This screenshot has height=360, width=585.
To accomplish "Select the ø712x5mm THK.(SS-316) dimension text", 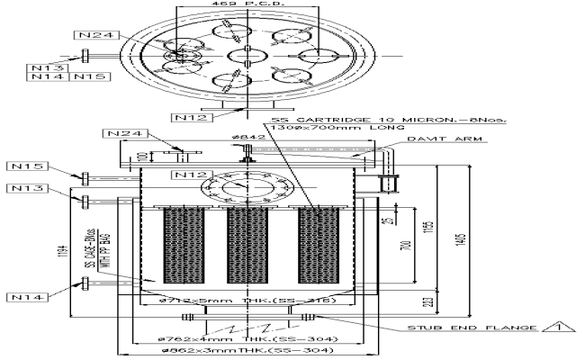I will (x=233, y=300).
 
